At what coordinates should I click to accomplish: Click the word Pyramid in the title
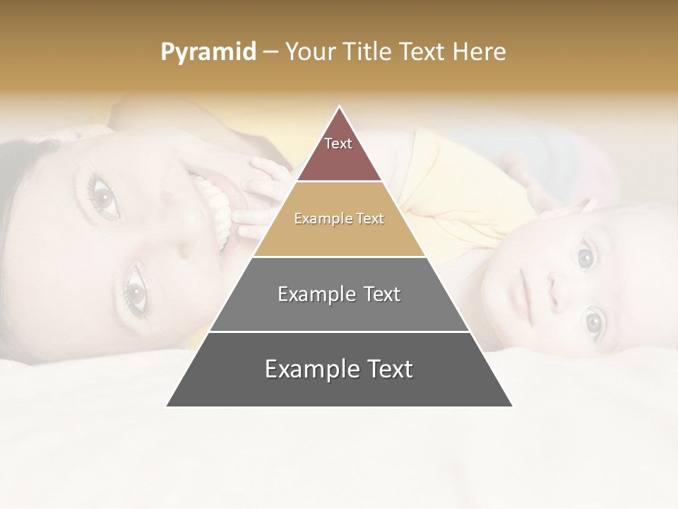[208, 52]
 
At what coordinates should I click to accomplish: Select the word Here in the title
[479, 52]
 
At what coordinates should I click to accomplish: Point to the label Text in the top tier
[338, 144]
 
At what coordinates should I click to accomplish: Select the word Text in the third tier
[378, 294]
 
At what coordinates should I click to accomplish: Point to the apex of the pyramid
[340, 107]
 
